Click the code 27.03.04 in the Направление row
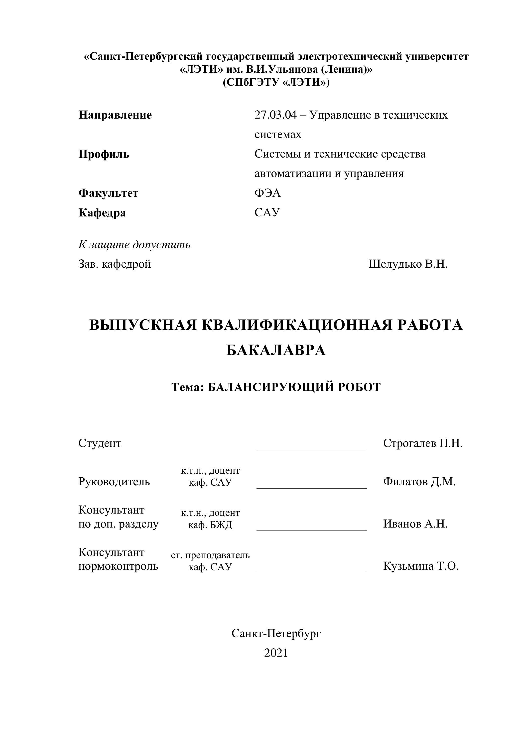tap(275, 115)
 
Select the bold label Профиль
tap(104, 155)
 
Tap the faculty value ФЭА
tap(267, 193)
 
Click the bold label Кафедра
tap(102, 213)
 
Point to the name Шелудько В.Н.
tap(408, 264)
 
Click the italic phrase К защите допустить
tap(134, 245)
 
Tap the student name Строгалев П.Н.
tap(423, 443)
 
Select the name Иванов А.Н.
tap(415, 524)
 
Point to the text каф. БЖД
tap(210, 525)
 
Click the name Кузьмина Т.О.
tap(421, 566)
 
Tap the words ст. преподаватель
tap(210, 555)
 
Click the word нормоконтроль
tap(118, 566)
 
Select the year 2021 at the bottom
tap(276, 653)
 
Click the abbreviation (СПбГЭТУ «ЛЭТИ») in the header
tap(276, 82)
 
